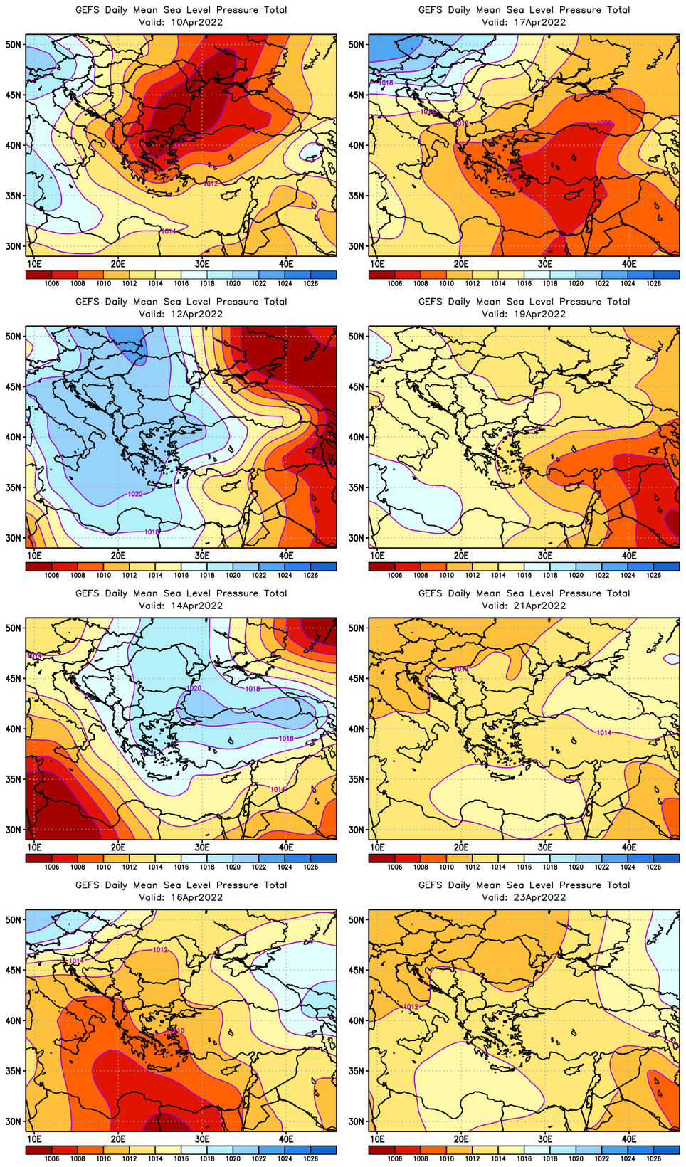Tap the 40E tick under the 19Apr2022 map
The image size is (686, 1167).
(629, 555)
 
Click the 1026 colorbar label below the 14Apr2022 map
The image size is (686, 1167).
(310, 867)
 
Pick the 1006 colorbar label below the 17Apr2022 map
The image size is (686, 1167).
(395, 283)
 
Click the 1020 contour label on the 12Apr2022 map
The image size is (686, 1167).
(134, 494)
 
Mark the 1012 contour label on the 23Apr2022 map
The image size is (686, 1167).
(411, 1006)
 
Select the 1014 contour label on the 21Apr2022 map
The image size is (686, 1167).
(603, 732)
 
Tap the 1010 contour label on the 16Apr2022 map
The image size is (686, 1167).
(177, 1030)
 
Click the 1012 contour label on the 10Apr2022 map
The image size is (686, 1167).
(211, 184)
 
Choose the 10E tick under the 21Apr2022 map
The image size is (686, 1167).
(377, 847)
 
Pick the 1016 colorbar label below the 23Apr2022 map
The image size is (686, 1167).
(524, 1158)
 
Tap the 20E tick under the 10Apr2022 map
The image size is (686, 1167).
(118, 263)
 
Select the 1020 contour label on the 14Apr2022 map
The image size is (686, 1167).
(194, 688)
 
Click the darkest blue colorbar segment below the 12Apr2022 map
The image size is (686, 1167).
(324, 566)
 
